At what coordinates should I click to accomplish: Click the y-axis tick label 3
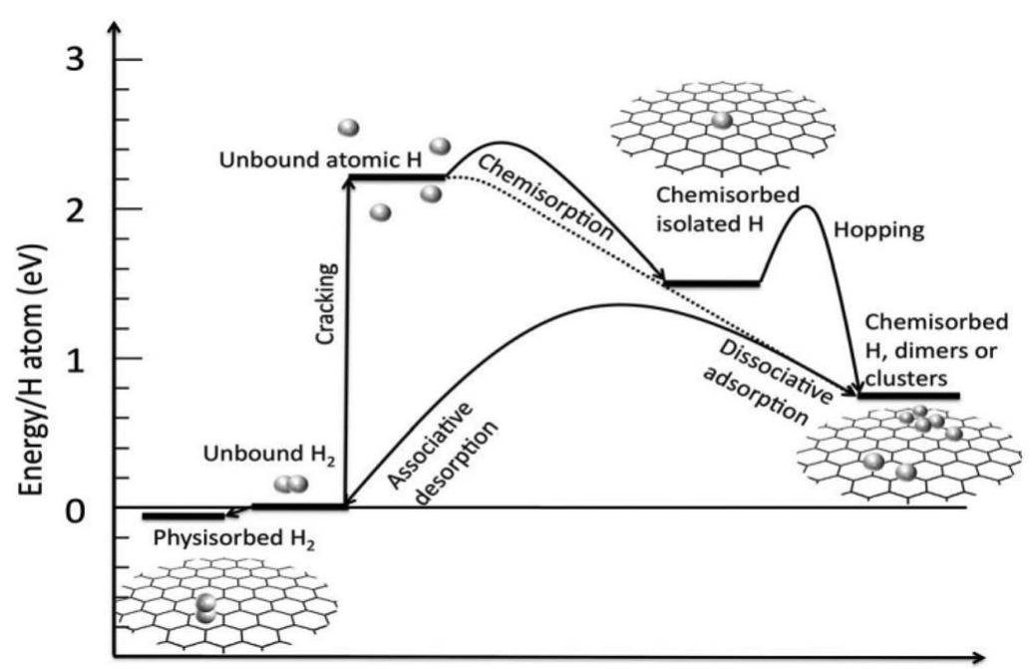pos(83,60)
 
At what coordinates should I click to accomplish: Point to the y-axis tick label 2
pos(83,208)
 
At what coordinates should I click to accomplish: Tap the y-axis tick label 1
pos(84,359)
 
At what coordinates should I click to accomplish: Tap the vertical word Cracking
pos(327,303)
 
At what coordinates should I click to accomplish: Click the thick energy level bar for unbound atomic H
pos(396,177)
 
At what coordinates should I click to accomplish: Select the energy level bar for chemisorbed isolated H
pos(712,283)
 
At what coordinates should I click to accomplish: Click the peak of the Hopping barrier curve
pos(804,206)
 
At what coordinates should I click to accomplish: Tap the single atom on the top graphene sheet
pos(722,121)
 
